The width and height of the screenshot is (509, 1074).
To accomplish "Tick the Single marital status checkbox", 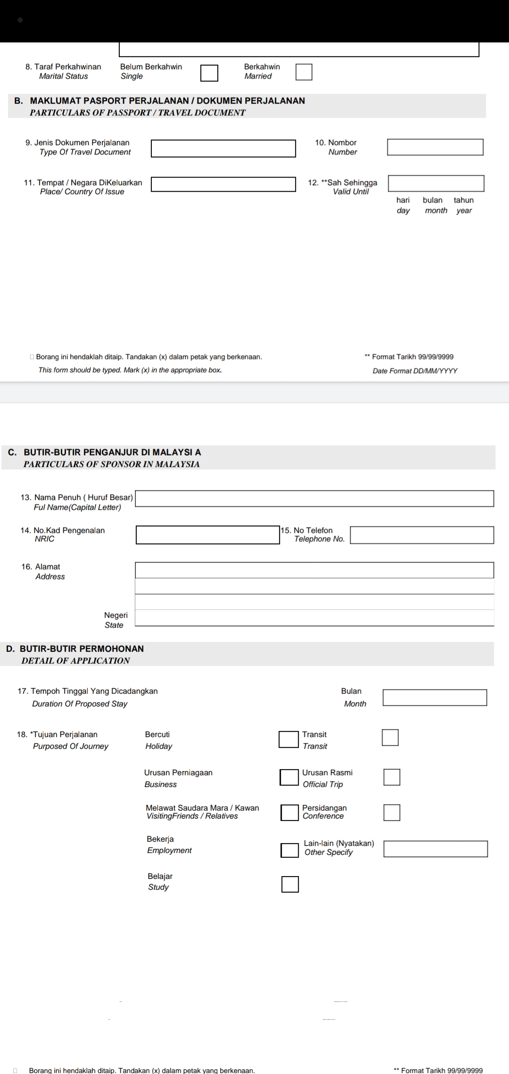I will (209, 73).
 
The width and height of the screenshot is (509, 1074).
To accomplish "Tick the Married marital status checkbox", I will (304, 72).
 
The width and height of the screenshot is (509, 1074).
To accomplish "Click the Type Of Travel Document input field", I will (223, 148).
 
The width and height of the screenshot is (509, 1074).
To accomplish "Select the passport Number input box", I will (435, 147).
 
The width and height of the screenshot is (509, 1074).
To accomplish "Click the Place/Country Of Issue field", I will (223, 184).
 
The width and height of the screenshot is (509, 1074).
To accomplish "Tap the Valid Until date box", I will (436, 183).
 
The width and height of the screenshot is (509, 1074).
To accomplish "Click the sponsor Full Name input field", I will (314, 498).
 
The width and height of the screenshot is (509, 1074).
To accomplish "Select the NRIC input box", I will (208, 535).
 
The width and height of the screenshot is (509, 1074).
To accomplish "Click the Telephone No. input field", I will (422, 535).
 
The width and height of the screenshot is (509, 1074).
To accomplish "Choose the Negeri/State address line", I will (314, 618).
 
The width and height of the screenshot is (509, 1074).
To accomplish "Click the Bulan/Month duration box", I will (435, 698).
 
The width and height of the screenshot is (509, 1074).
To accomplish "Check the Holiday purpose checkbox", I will (288, 739).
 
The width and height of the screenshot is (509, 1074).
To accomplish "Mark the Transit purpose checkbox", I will (390, 738).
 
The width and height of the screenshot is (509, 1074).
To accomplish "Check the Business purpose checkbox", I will (289, 777).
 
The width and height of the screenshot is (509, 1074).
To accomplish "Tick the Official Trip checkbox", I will (392, 777).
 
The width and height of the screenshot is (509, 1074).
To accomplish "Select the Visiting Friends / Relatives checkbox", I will (289, 813).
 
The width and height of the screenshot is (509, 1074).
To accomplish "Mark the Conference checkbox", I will (392, 813).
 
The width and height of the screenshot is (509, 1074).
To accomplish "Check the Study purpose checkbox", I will (290, 884).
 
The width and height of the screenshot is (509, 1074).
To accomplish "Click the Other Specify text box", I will (435, 849).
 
